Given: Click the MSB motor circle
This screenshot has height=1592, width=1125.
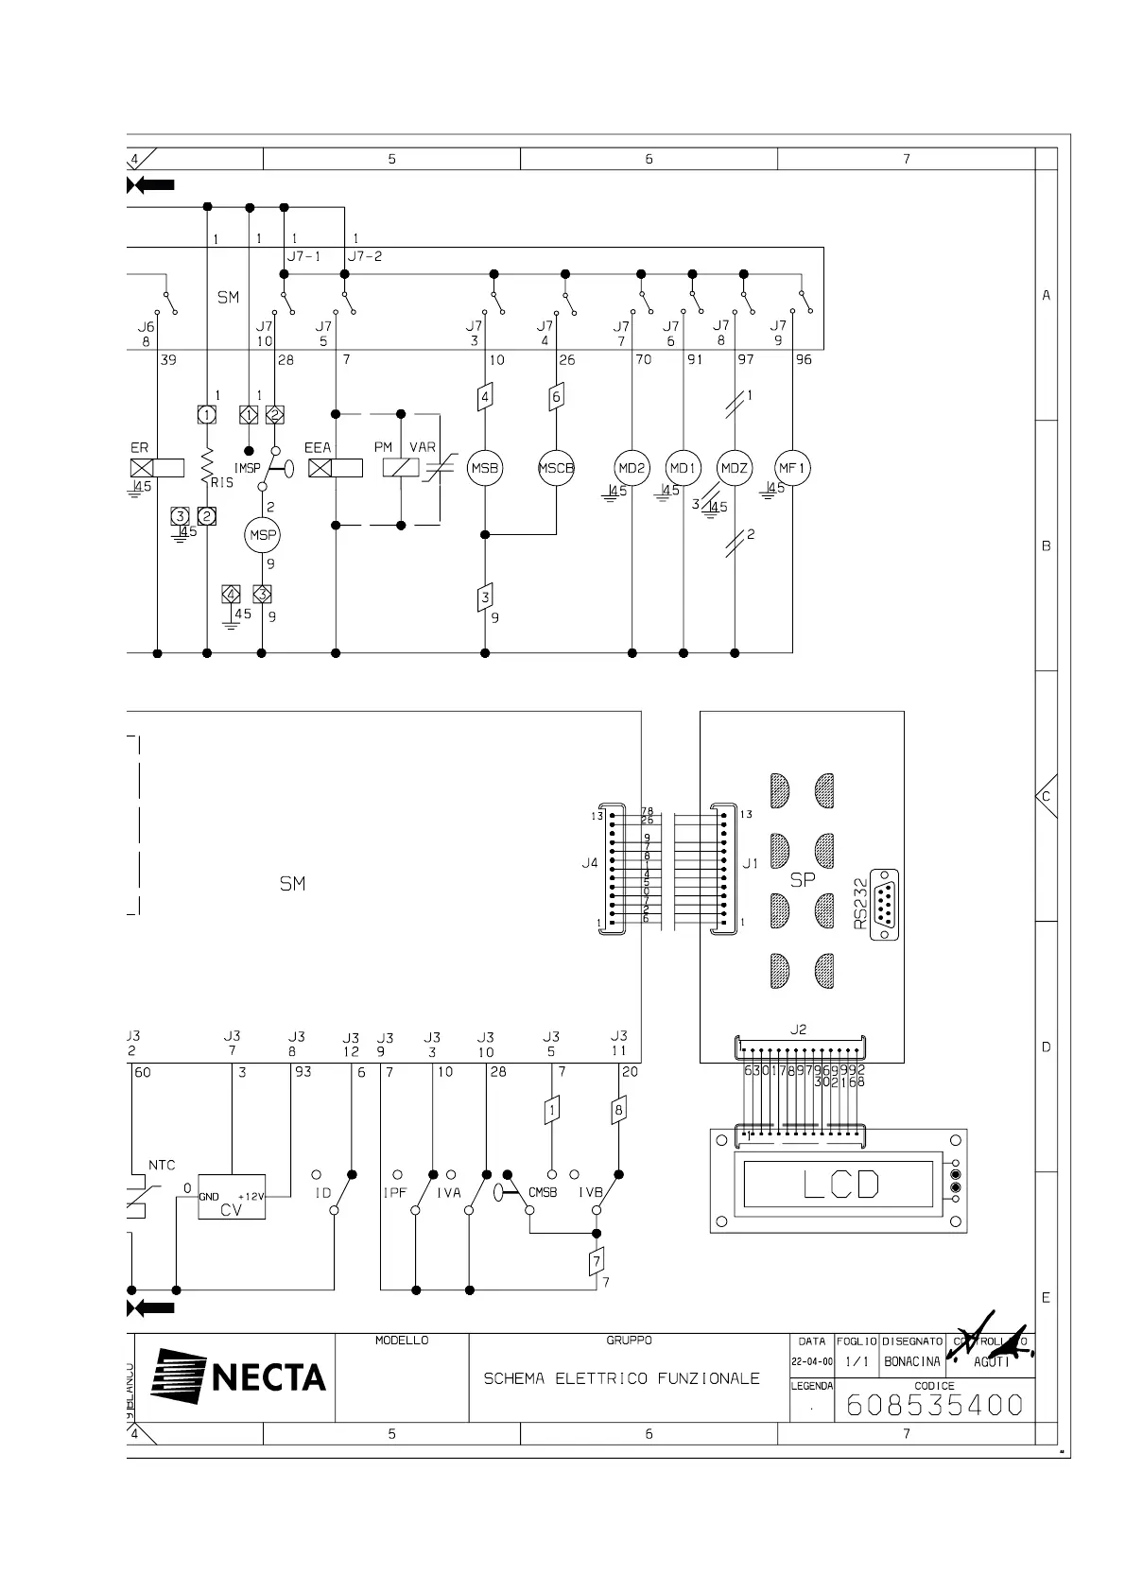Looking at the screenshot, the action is point(485,468).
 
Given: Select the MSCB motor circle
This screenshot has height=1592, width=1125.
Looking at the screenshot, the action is point(556,468).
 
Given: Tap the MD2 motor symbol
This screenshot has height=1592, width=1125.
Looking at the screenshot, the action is point(632,468).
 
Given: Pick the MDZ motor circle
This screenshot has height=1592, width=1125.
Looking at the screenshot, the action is point(735,468).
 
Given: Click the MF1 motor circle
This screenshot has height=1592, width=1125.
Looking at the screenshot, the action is point(792,468).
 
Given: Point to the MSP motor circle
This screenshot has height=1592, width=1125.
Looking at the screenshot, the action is point(262,535).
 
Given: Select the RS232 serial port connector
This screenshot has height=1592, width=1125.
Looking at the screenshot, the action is point(883,905).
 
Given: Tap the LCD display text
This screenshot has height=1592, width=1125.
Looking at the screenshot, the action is point(841,1184).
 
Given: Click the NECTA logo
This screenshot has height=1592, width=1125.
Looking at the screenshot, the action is point(240,1376).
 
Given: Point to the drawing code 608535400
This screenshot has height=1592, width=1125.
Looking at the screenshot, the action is point(934,1405).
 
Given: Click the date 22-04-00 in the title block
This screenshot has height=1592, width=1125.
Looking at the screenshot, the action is point(812,1362).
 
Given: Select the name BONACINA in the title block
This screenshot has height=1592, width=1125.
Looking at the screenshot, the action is point(912,1362).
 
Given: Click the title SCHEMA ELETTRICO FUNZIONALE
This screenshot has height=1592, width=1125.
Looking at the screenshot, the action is point(621,1378).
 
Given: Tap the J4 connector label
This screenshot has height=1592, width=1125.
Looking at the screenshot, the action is point(589,863).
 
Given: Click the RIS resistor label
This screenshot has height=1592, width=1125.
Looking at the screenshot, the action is point(222,482).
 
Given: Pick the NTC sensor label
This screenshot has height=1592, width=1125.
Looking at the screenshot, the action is point(162,1165).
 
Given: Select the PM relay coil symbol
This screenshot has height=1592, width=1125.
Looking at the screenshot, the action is point(400,467).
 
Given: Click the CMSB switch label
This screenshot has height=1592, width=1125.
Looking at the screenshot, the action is point(543,1192).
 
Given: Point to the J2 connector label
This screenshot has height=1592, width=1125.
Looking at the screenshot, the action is point(798,1030).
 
